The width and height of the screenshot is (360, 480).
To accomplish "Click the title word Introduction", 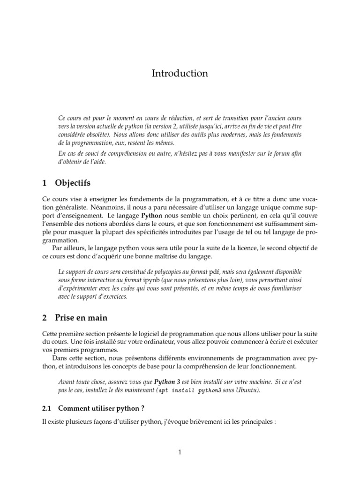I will tap(180, 74).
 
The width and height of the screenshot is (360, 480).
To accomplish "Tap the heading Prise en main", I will tap(81, 318).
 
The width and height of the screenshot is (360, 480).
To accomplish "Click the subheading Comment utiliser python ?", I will tap(97, 408).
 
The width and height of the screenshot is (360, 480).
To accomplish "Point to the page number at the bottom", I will tap(180, 452).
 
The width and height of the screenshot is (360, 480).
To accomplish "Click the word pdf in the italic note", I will tap(214, 272).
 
